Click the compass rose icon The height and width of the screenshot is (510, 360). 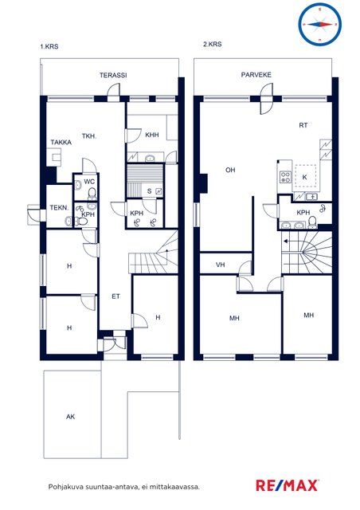319,24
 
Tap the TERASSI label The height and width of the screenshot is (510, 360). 113,75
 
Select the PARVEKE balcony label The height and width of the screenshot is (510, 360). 256,74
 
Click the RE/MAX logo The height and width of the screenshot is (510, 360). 287,485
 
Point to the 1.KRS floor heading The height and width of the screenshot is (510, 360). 49,46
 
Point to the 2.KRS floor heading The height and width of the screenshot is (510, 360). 213,45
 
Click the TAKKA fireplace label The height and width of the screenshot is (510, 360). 61,142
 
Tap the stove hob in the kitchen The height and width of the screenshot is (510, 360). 285,177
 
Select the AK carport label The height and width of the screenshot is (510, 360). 71,417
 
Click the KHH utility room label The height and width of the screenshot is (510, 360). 152,135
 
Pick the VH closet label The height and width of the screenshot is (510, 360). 220,265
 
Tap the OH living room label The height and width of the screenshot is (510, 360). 230,170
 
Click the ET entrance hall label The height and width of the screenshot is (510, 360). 115,296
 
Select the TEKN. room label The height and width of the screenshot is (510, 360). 59,207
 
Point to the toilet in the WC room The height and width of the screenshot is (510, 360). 92,194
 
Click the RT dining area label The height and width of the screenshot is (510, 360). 303,125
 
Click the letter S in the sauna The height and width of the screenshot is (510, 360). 149,191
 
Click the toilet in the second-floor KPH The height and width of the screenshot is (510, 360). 312,222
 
